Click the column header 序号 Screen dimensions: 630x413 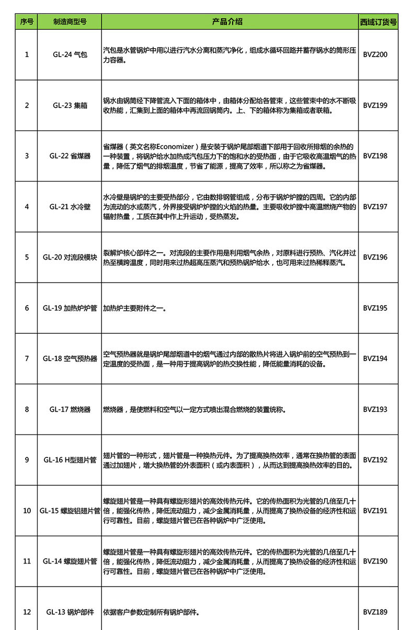point(27,22)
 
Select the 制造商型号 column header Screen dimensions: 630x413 point(70,22)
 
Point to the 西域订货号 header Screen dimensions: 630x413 point(378,22)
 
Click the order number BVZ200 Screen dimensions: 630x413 point(375,54)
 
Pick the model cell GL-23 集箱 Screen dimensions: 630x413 point(70,105)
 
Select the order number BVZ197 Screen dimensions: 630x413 point(375,207)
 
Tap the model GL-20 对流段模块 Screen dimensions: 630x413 point(70,257)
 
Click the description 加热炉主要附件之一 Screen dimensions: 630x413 point(134,308)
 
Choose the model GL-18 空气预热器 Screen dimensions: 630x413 point(70,359)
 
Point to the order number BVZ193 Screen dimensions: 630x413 point(375,409)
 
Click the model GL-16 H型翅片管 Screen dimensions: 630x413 point(70,460)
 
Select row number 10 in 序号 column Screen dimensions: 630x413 point(27,511)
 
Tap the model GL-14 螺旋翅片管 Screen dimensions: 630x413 point(70,561)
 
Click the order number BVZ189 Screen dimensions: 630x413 point(375,612)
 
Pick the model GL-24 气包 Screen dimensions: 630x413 point(70,54)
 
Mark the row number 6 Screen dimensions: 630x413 point(27,308)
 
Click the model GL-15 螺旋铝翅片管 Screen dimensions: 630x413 point(70,511)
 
